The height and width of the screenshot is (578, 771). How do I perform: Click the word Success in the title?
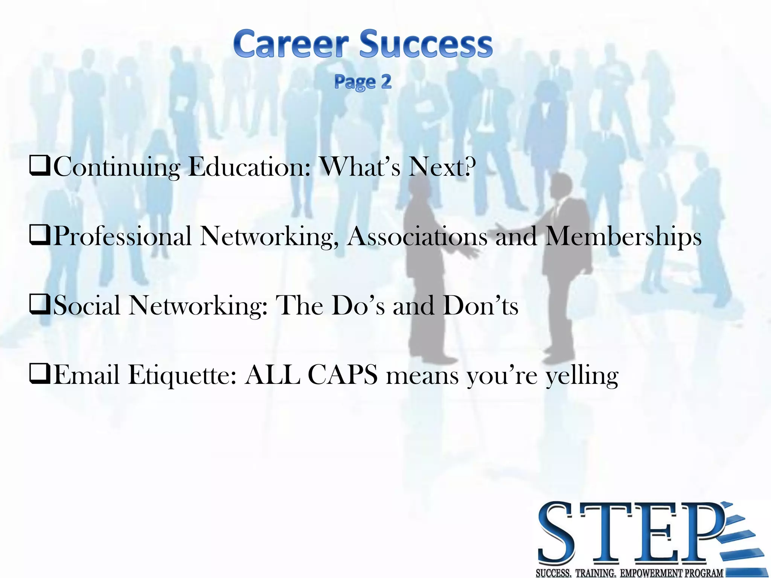tap(425, 44)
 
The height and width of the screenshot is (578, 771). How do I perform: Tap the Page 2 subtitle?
tap(363, 82)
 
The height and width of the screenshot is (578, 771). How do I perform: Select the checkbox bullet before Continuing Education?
tap(40, 167)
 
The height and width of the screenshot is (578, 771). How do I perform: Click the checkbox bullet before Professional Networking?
tap(40, 236)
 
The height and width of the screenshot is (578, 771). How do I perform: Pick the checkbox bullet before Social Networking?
tap(40, 305)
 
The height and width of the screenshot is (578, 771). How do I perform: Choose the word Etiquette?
tap(182, 375)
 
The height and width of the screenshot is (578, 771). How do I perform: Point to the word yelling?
tap(582, 376)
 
